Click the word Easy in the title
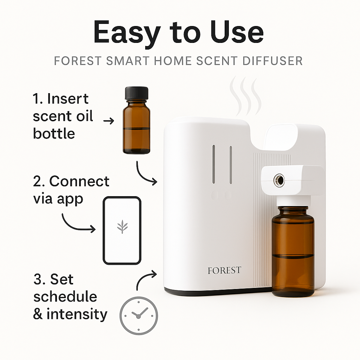tap(127, 33)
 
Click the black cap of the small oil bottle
tap(137, 93)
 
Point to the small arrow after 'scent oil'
tap(109, 121)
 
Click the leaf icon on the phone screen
tap(122, 227)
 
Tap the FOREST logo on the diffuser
tap(224, 270)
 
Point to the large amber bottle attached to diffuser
tap(293, 251)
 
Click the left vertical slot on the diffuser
tap(214, 164)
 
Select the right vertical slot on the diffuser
tap(231, 165)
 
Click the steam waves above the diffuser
tap(246, 96)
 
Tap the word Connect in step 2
tap(79, 181)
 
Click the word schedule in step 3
tap(65, 297)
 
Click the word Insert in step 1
tap(68, 99)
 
